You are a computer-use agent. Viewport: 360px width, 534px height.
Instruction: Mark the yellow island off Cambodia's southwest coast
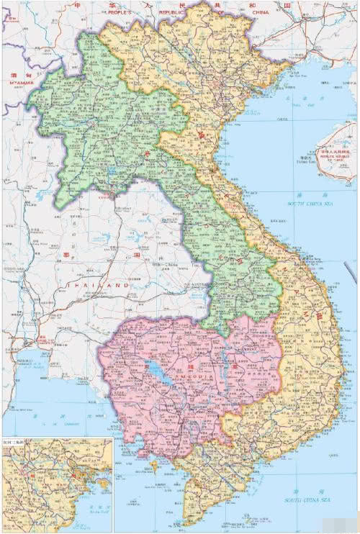pos(154,466)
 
